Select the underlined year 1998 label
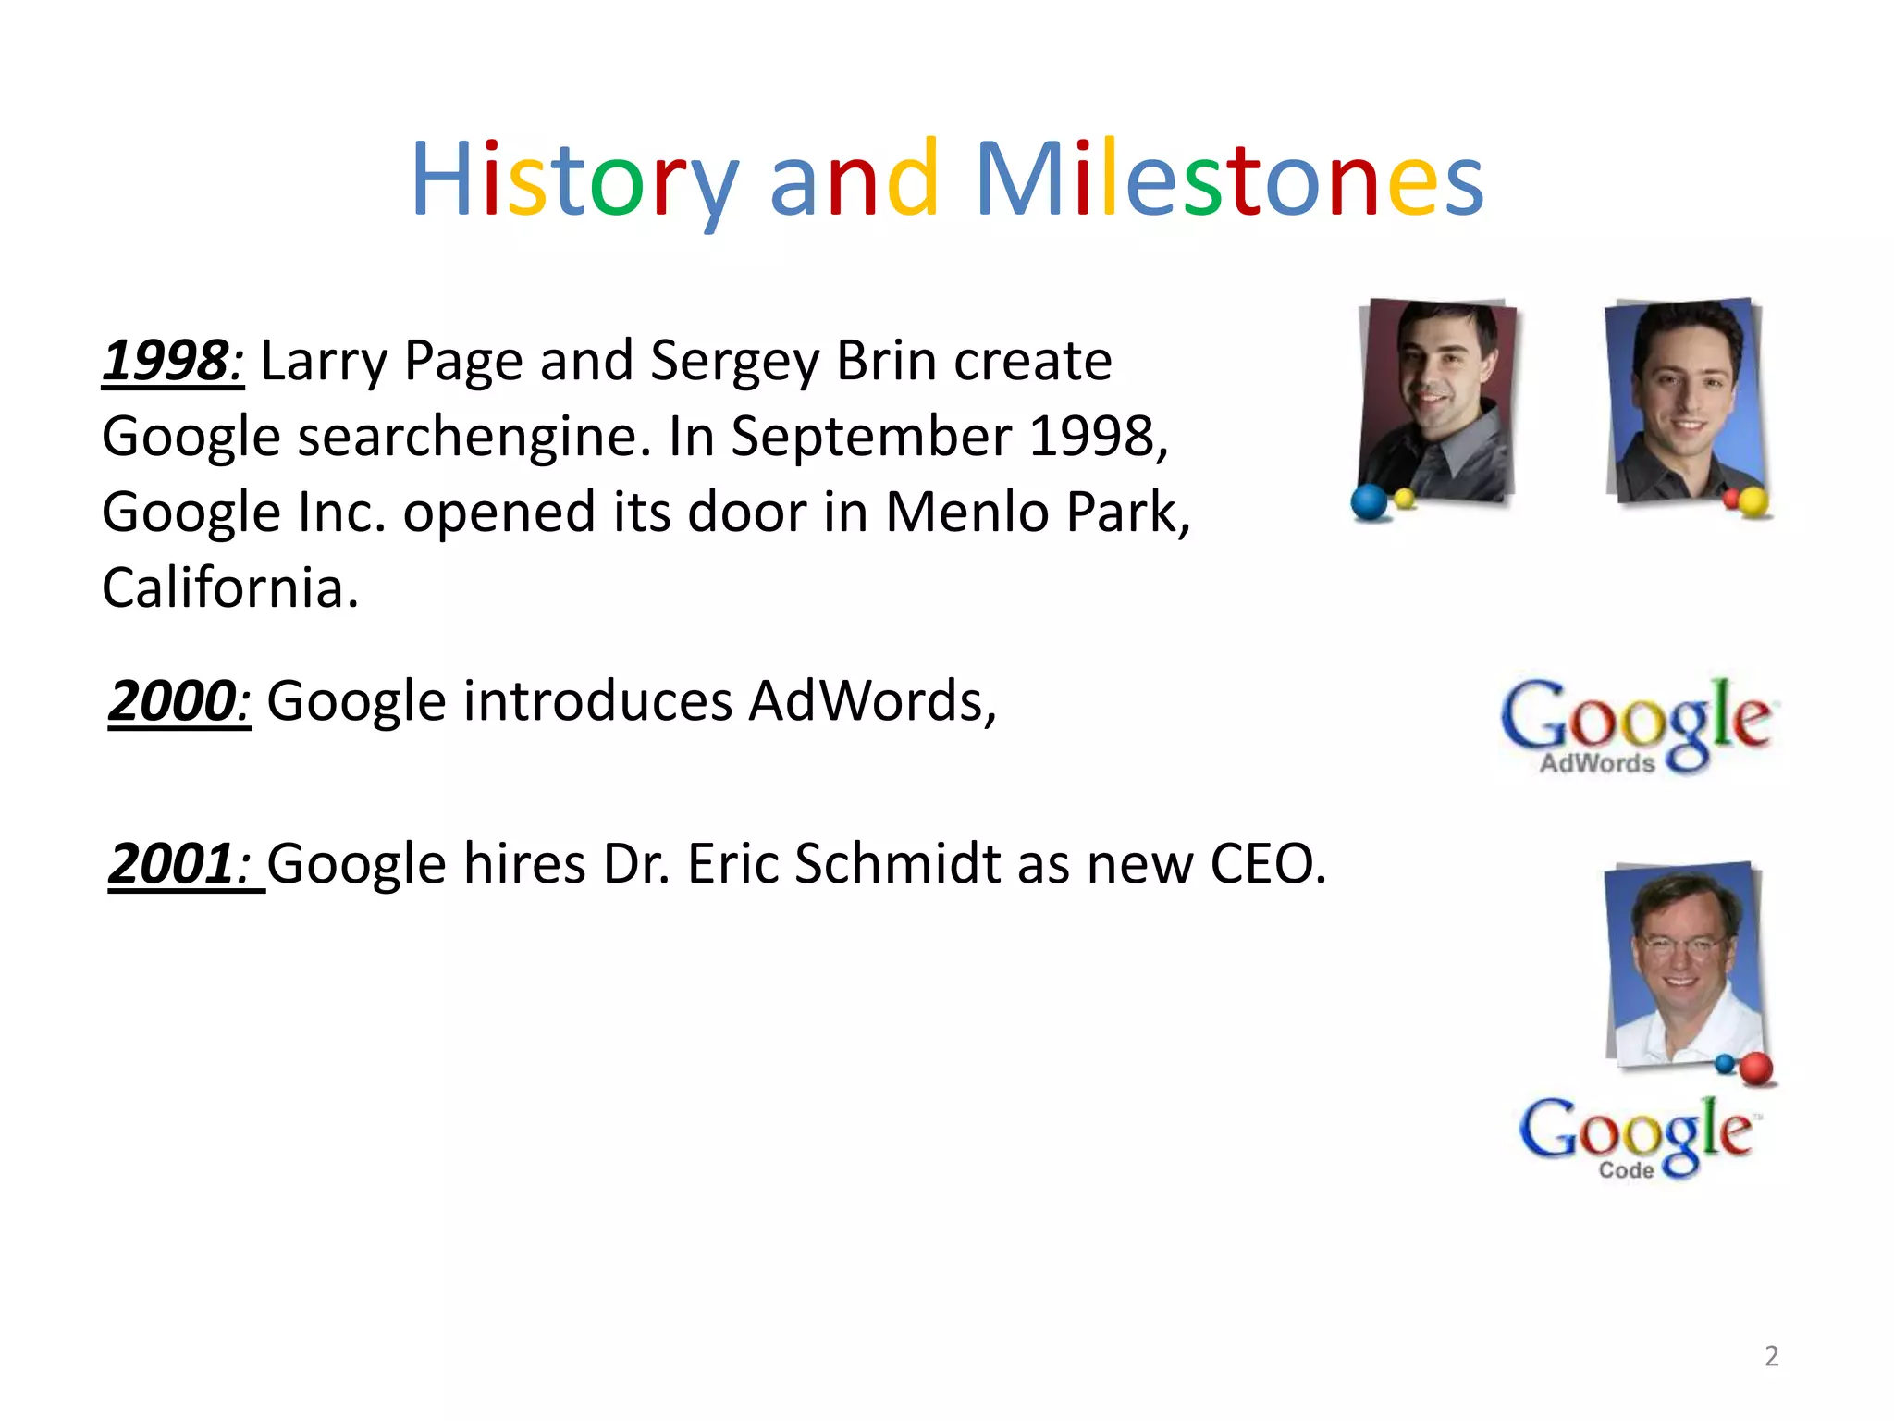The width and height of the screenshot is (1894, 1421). (x=172, y=360)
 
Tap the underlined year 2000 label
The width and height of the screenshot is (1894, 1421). (x=178, y=700)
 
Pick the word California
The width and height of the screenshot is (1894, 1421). (x=229, y=587)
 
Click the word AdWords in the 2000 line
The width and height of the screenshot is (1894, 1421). (x=872, y=700)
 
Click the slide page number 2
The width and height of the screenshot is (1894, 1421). (x=1771, y=1356)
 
